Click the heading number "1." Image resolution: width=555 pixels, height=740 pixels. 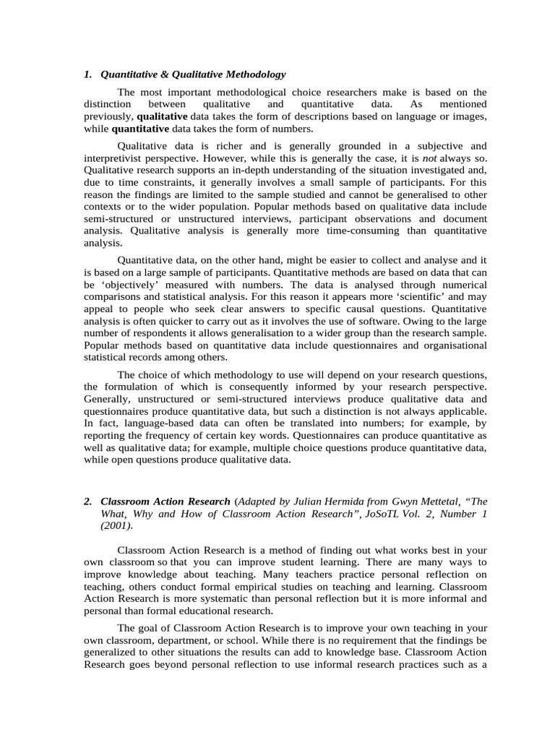point(88,74)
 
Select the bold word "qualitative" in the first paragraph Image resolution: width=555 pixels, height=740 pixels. point(162,116)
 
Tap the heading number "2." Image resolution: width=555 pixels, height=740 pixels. point(88,501)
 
